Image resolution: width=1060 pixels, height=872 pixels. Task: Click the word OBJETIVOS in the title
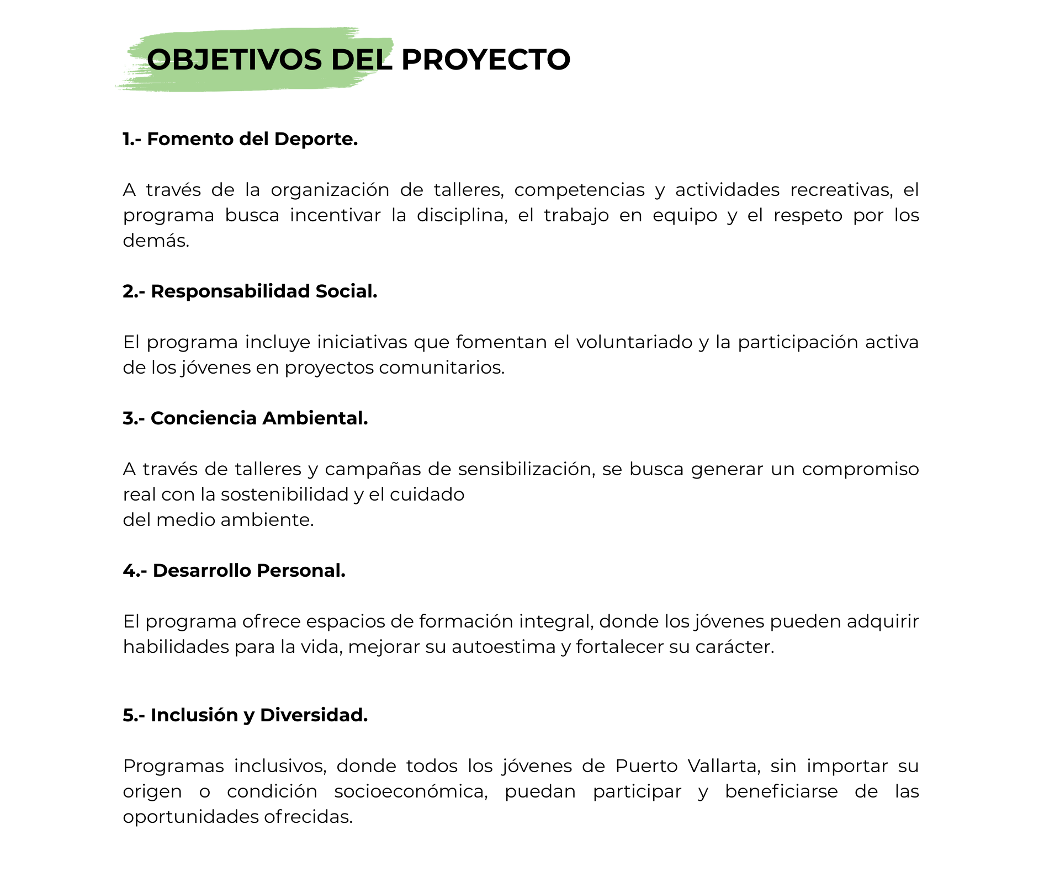234,60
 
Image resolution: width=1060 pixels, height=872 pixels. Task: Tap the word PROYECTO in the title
485,60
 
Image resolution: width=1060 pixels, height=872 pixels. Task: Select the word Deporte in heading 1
315,139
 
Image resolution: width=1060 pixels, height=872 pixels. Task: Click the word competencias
579,190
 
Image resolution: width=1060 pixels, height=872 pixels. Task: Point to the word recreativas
841,190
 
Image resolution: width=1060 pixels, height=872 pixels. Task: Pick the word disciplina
462,215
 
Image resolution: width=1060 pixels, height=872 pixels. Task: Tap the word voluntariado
634,342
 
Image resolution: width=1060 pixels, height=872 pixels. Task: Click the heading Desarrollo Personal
249,571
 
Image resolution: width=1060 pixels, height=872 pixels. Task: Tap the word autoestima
504,647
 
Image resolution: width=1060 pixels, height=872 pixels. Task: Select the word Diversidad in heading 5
314,715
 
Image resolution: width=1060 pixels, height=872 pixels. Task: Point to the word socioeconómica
411,791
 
